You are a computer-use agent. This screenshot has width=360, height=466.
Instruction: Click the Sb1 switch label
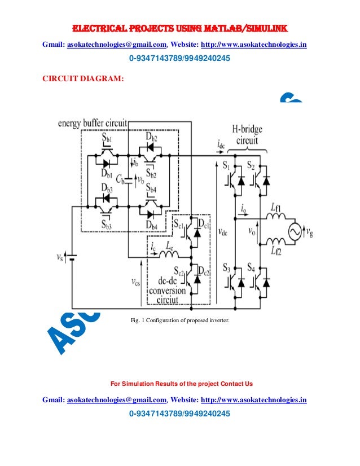point(107,138)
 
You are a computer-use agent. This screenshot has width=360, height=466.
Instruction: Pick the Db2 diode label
point(151,138)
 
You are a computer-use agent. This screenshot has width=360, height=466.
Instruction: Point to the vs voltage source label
point(60,257)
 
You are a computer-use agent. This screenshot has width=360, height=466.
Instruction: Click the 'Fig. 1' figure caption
point(180,321)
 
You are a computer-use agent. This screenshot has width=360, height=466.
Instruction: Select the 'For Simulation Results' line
point(181,384)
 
